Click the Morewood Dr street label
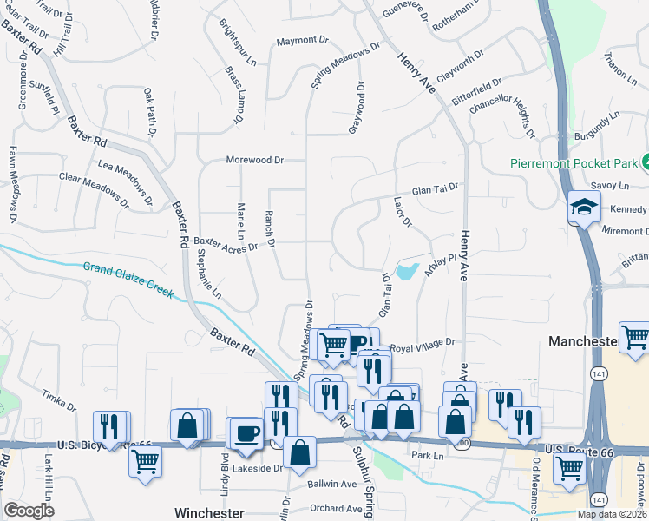(255, 160)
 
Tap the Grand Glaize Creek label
(128, 280)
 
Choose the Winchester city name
(209, 512)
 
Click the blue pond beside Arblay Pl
(407, 271)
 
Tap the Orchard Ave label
(336, 509)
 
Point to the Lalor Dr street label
(401, 214)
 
